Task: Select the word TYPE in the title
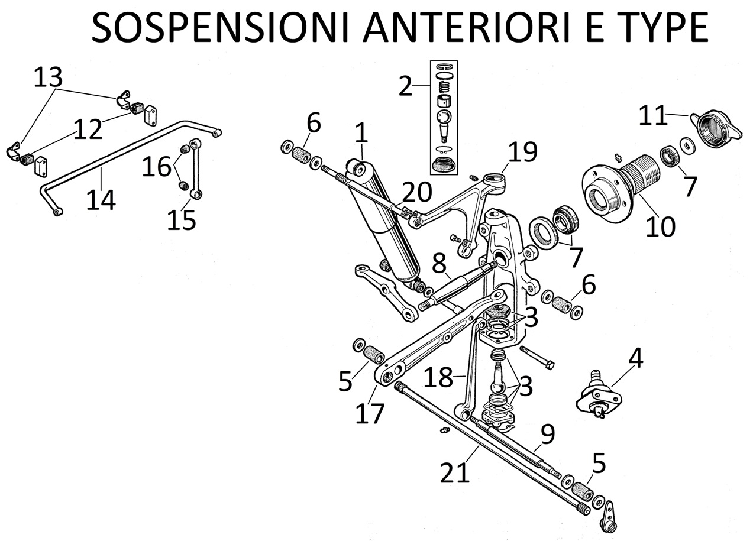[x=655, y=27]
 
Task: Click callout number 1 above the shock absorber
[x=361, y=134]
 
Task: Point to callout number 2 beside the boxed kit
[x=405, y=86]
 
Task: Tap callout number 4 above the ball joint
[x=635, y=358]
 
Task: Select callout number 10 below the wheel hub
[x=660, y=226]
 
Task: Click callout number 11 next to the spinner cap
[x=652, y=116]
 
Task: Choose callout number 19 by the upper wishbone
[x=522, y=153]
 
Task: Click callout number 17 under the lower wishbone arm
[x=370, y=413]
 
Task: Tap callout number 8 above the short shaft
[x=439, y=264]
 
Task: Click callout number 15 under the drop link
[x=181, y=220]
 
